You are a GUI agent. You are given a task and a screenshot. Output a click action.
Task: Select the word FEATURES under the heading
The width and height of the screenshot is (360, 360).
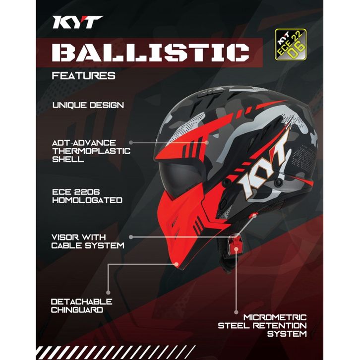pos(84,76)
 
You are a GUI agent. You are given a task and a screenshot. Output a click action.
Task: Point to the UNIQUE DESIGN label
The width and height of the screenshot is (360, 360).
pos(88,105)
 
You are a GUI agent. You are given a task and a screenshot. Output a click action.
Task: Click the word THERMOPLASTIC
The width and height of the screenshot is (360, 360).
pos(91,151)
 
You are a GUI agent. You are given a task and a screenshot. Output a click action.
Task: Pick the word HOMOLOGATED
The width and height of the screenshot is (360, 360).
pos(87,200)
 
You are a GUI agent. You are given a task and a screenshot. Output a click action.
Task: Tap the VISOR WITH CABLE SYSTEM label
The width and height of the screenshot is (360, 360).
pos(88,241)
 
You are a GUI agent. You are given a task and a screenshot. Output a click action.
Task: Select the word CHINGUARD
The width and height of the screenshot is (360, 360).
pos(77,310)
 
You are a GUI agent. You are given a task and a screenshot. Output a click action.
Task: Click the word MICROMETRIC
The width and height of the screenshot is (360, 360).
pos(275,317)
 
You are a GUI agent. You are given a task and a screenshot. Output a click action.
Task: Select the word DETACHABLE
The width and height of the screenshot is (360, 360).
pos(81,301)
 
